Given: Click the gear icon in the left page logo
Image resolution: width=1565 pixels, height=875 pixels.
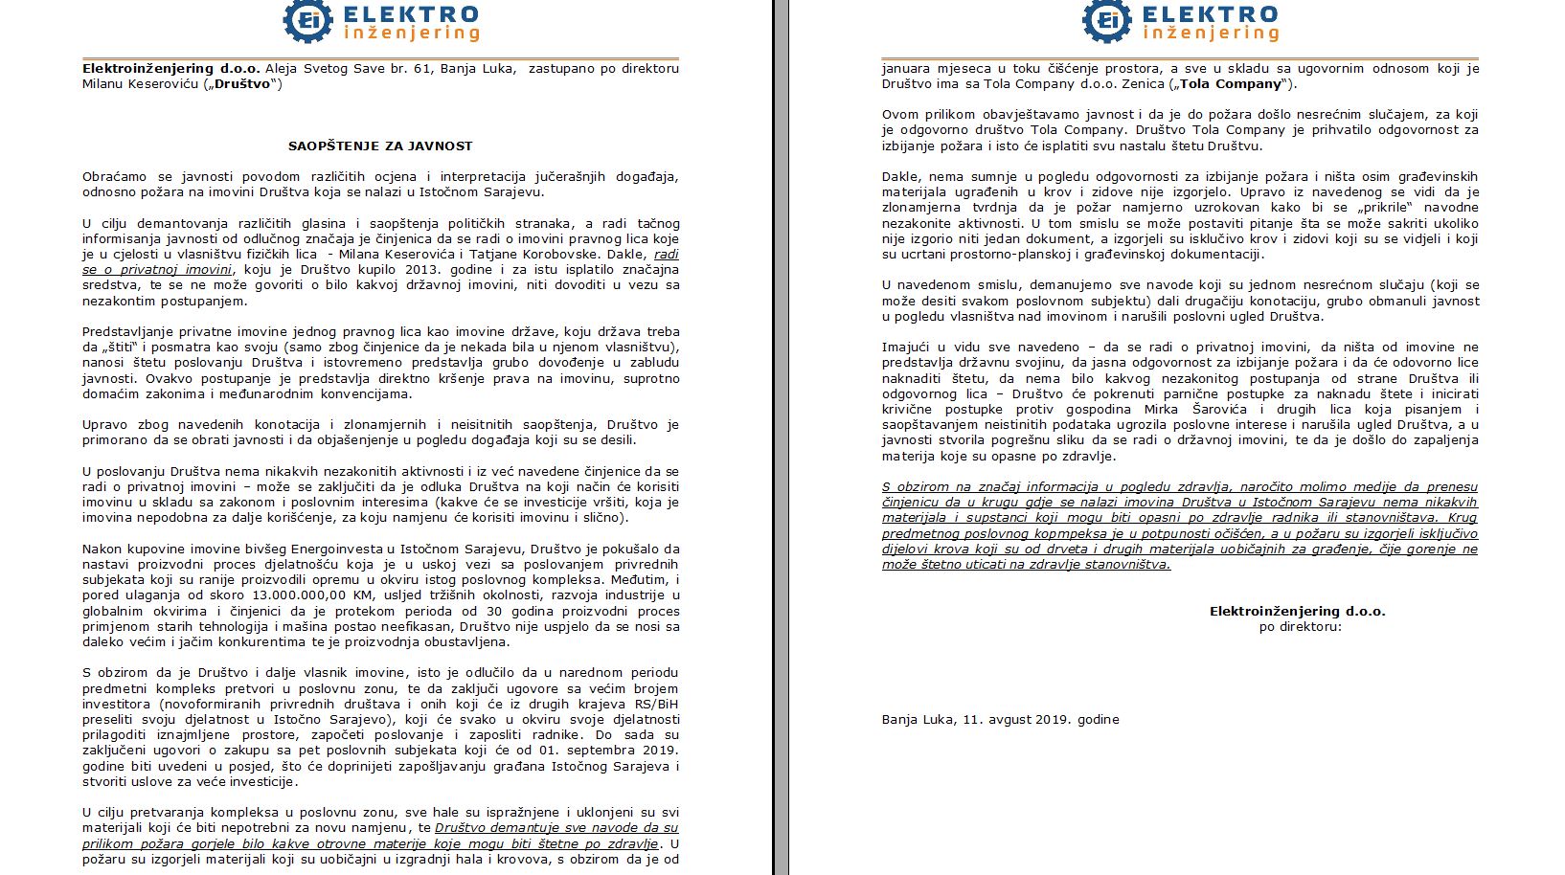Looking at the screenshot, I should click(307, 21).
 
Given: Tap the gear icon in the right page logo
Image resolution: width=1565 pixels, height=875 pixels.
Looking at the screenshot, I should click(1107, 21).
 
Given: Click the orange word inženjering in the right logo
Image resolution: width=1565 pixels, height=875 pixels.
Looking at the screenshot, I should click(1211, 34).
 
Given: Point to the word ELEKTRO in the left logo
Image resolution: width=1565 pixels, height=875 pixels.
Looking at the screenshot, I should click(411, 14).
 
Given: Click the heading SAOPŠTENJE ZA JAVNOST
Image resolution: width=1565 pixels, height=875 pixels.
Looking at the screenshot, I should click(380, 146).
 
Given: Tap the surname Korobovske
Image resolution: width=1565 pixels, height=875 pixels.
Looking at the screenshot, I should click(636, 255).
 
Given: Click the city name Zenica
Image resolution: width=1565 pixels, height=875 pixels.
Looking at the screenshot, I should click(1132, 84).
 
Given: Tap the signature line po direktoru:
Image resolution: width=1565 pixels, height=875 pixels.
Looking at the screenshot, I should click(1300, 627).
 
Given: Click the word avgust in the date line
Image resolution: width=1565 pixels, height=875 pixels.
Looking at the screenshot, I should click(1002, 720).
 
